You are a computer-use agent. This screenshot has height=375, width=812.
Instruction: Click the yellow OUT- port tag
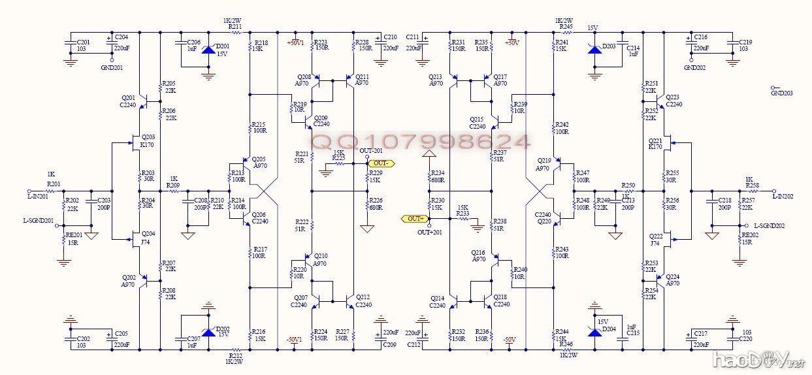coord(382,163)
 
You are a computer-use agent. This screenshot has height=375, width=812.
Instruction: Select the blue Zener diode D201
coord(208,50)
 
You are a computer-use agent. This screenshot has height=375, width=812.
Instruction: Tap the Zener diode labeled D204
coord(594,331)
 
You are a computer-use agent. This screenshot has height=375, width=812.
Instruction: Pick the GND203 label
coord(781,93)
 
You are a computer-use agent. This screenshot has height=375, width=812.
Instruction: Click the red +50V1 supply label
coord(295,42)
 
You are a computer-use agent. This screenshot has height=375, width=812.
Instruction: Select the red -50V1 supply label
coord(294,339)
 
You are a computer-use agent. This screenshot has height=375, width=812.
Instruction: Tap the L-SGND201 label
coord(37,221)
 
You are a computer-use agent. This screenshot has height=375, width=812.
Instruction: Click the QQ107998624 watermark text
coord(420,141)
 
